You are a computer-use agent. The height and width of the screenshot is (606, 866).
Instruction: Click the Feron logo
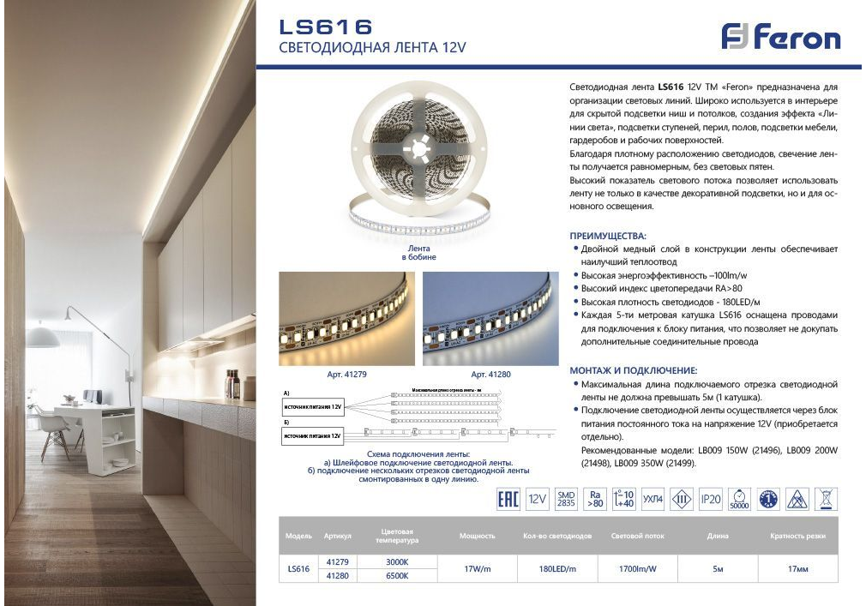780,37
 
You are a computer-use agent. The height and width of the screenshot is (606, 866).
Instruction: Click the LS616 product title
326,27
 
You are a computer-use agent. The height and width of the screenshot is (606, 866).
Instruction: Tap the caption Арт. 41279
346,375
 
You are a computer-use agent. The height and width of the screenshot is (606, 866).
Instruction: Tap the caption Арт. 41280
490,375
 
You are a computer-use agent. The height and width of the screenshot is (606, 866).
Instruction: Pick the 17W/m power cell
477,568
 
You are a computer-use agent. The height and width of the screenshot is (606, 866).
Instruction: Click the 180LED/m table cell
556,568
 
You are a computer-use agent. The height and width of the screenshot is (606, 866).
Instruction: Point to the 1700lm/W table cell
637,568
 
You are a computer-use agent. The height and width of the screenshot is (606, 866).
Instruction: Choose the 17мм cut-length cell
797,568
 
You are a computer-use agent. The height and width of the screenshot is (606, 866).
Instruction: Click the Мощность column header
477,536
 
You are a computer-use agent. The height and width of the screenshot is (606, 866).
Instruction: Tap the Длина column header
718,536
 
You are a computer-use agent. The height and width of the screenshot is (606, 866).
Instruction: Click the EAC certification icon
508,499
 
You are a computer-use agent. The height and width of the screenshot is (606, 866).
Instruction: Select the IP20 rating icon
711,499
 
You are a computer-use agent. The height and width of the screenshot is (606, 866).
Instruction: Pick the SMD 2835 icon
566,499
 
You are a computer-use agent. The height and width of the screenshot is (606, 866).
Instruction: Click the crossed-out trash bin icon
827,499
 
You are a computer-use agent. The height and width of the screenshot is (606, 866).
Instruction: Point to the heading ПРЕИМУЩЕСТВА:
609,235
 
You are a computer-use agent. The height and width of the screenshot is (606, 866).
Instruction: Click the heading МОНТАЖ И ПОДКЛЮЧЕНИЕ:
634,370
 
